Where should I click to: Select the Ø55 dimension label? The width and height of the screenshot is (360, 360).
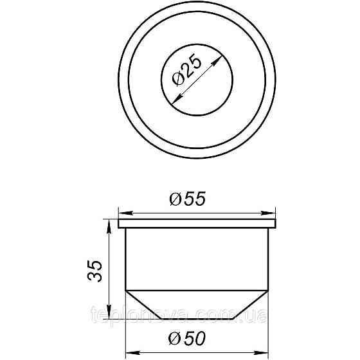[187, 200]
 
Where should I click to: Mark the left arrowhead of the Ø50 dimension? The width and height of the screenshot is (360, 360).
[127, 351]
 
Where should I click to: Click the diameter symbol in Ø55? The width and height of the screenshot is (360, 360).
[175, 201]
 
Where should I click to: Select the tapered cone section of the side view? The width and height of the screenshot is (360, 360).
[198, 305]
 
